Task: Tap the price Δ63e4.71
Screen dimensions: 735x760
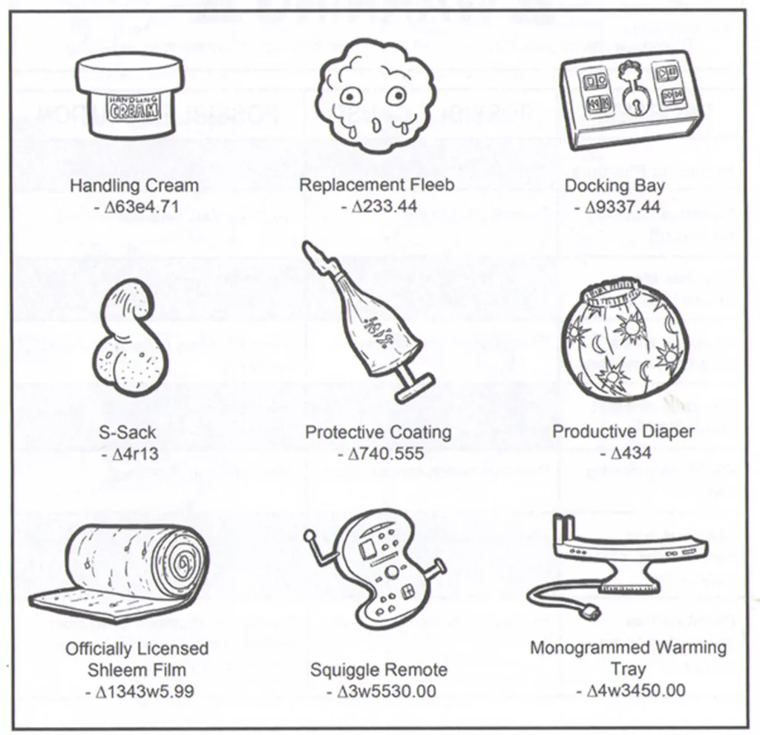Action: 137,207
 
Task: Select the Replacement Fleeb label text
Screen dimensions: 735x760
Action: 376,185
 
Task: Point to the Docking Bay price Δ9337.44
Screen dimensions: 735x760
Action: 617,207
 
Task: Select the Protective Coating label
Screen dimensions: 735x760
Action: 378,432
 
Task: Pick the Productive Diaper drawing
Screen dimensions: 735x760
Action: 624,338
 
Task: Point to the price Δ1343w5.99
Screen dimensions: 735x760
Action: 139,691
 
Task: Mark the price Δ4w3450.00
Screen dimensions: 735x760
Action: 630,690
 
